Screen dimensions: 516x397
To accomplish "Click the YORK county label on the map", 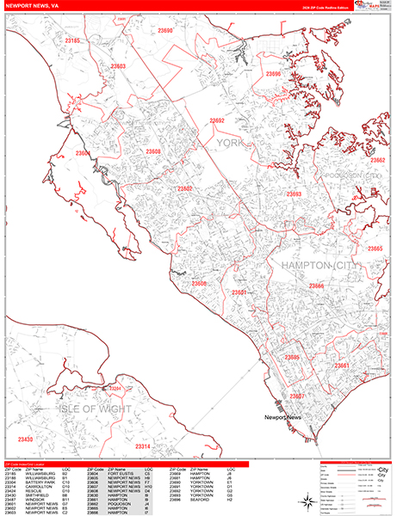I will point(230,143).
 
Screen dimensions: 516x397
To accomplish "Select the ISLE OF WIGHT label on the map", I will point(95,408).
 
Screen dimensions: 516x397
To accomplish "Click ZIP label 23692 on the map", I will point(217,121).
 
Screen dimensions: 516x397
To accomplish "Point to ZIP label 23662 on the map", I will point(377,160).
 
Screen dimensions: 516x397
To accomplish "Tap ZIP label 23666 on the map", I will point(316,286).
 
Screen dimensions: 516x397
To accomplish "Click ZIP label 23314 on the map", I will point(143,446).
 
